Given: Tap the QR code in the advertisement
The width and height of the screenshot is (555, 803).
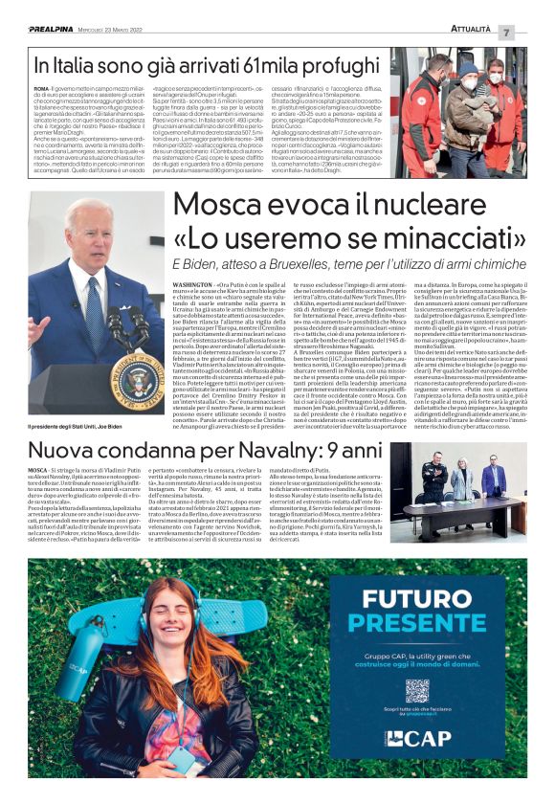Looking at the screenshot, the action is click(x=418, y=690).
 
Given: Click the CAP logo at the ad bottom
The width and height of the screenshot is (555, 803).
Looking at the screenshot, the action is click(x=417, y=738).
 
